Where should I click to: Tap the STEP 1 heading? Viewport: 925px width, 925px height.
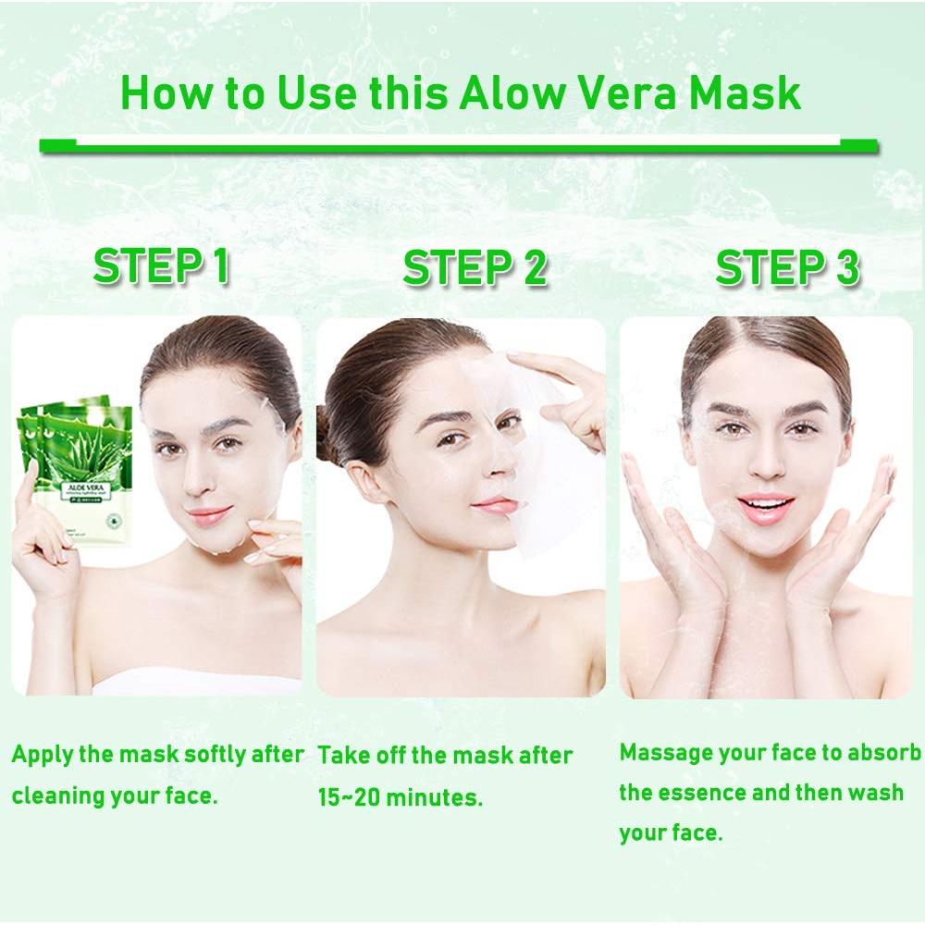point(161,266)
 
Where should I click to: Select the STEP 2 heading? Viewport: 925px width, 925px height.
point(475,268)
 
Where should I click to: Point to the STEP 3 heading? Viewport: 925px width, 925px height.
point(787,268)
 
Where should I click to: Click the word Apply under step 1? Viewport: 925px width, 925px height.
point(43,754)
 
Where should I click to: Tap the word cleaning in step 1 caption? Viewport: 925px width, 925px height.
point(56,795)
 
